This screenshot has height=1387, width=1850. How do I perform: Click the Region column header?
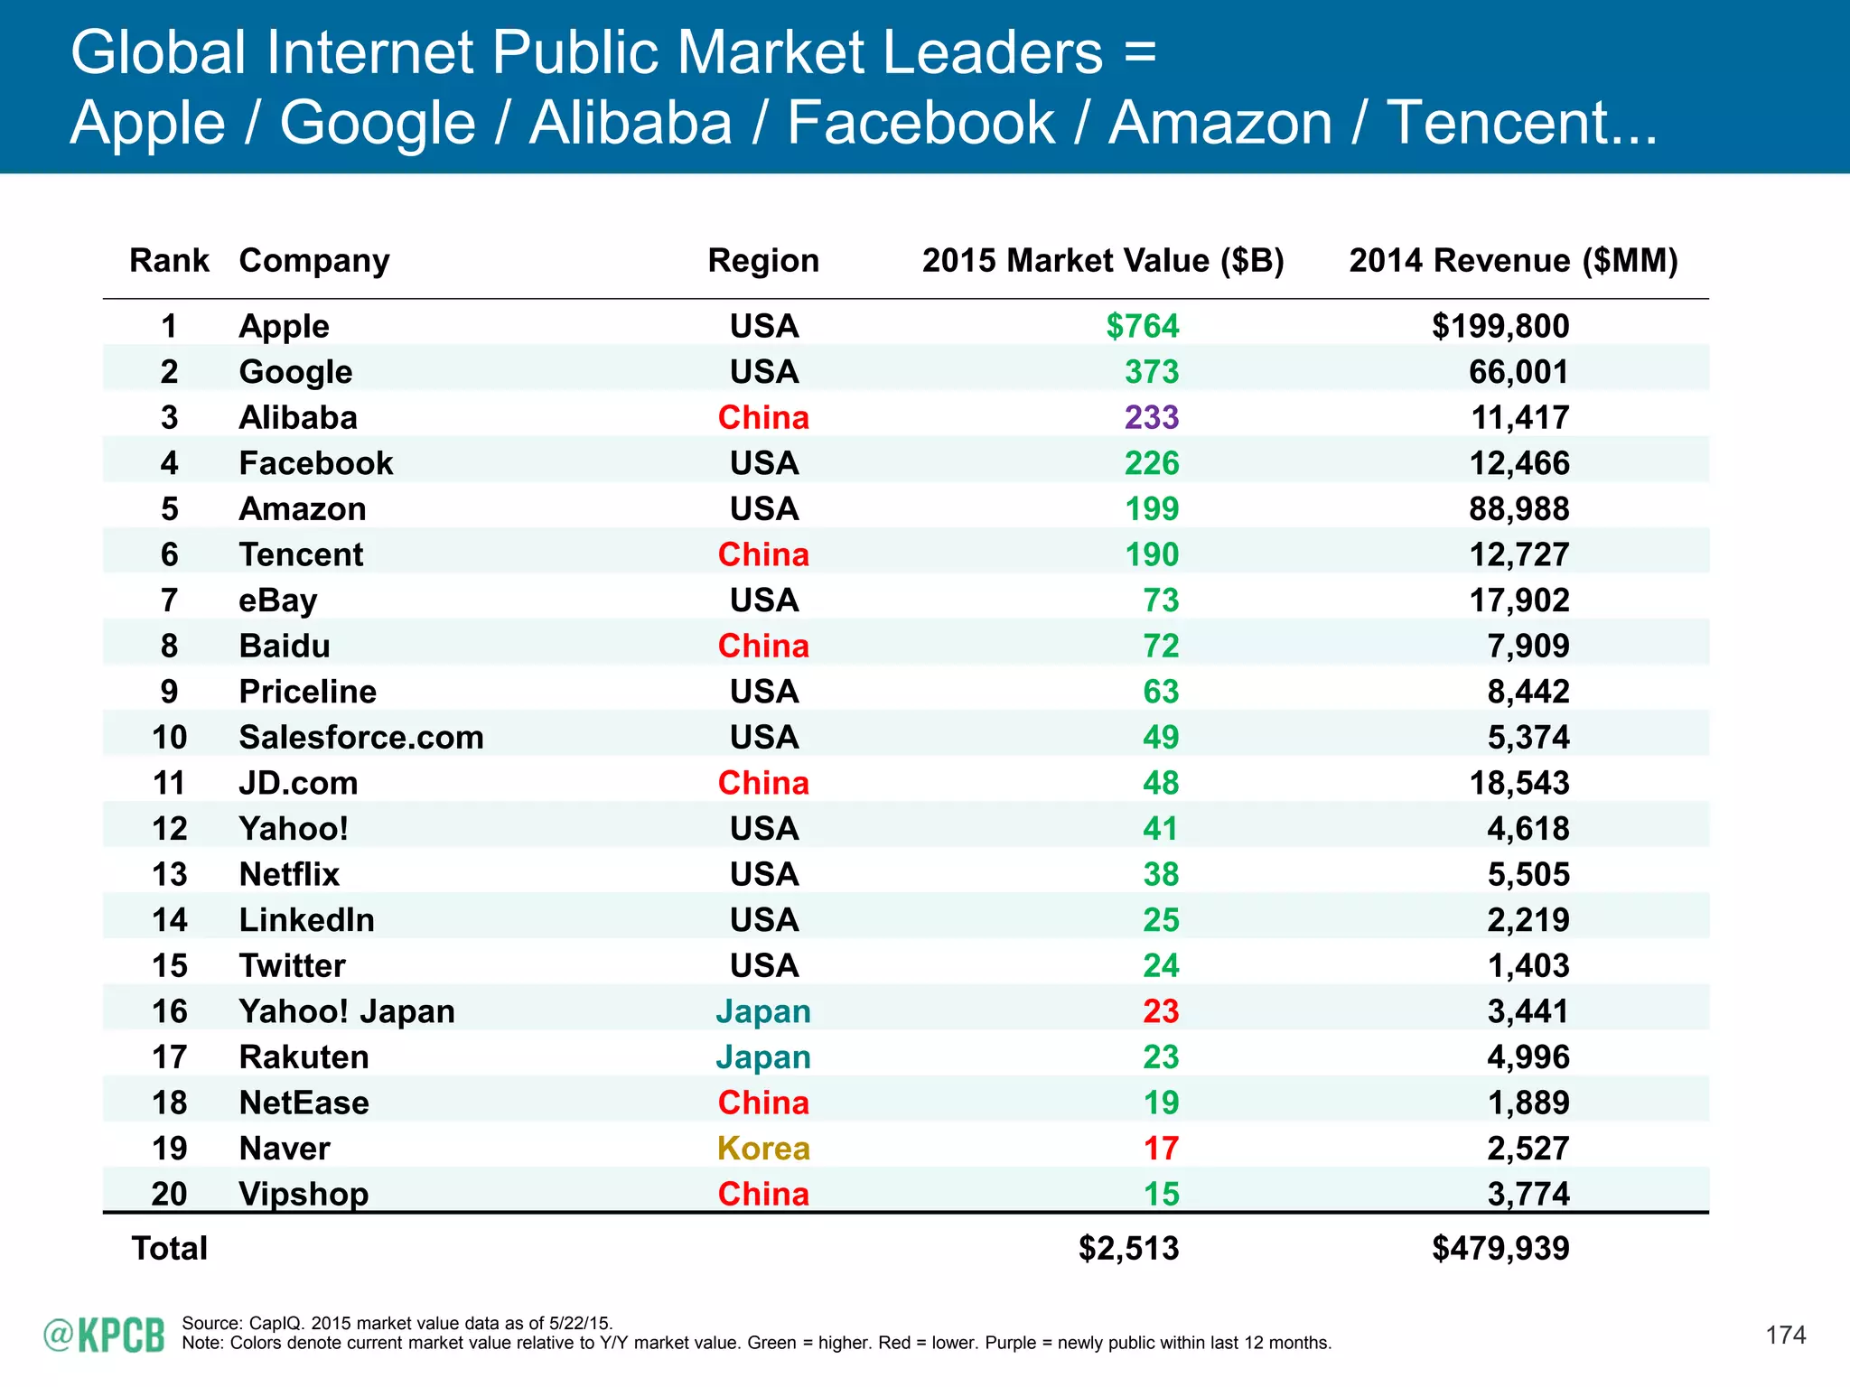(x=763, y=261)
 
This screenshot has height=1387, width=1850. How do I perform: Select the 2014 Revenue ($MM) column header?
(x=1513, y=261)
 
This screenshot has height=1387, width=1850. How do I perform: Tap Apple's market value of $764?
(x=1143, y=326)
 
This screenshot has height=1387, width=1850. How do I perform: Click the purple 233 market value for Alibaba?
(x=1152, y=417)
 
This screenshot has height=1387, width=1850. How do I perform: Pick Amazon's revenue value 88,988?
(x=1519, y=508)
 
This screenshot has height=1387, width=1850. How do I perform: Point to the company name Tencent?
(x=301, y=554)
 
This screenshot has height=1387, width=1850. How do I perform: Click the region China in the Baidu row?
(x=763, y=646)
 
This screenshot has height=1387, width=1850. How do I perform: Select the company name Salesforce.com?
(x=361, y=737)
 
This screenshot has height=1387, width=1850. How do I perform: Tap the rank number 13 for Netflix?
(x=170, y=874)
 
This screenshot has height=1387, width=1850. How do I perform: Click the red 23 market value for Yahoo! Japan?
(x=1161, y=1011)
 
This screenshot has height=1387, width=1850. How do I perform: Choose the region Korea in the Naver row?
(x=763, y=1149)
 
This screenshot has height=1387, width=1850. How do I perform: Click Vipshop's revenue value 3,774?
(x=1528, y=1194)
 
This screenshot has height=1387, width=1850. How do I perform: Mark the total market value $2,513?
(x=1129, y=1248)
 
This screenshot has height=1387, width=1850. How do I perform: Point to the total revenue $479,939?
(x=1501, y=1248)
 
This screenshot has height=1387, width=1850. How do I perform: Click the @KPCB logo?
(x=105, y=1336)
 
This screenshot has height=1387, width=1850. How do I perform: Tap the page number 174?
(x=1786, y=1335)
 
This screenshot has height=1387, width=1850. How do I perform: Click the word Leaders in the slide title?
(x=992, y=52)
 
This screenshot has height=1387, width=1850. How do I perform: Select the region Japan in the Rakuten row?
(x=763, y=1057)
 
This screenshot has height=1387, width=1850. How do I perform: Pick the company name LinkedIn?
(x=307, y=920)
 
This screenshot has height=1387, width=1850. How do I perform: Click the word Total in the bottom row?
(x=170, y=1248)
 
